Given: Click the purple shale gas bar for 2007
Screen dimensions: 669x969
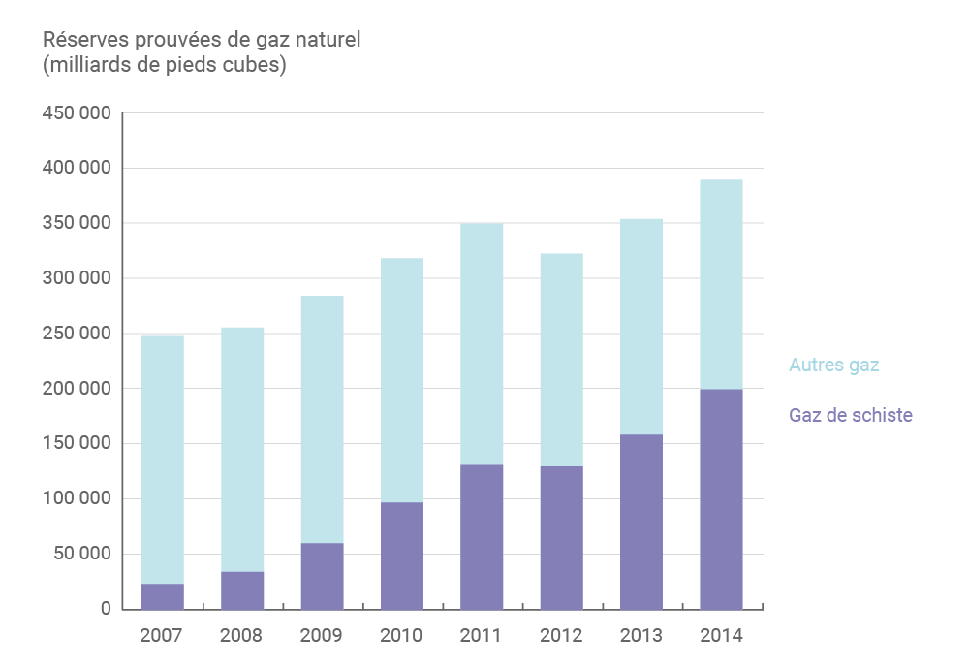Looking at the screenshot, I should pyautogui.click(x=162, y=596).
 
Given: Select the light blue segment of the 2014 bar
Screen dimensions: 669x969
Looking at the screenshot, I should pyautogui.click(x=721, y=284).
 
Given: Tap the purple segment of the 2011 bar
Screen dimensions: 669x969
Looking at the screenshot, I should pyautogui.click(x=482, y=537).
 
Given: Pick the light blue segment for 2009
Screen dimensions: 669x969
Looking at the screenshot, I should pyautogui.click(x=322, y=419).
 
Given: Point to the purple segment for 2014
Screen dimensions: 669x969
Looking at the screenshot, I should pyautogui.click(x=721, y=499).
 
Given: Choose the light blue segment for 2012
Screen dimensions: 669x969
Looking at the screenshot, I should pyautogui.click(x=561, y=360).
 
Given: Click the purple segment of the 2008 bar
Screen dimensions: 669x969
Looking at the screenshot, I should pyautogui.click(x=242, y=590).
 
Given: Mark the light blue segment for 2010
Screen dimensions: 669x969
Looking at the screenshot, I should pyautogui.click(x=401, y=380).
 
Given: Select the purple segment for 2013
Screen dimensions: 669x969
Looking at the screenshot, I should pyautogui.click(x=641, y=522).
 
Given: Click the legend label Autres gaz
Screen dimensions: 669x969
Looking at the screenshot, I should pyautogui.click(x=833, y=366).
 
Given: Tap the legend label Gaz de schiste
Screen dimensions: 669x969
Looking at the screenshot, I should pyautogui.click(x=850, y=415).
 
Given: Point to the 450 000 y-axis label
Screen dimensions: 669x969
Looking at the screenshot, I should pyautogui.click(x=77, y=113).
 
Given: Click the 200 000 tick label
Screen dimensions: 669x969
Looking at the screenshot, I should pyautogui.click(x=77, y=389).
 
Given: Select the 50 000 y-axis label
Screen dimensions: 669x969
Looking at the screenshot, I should pyautogui.click(x=81, y=555).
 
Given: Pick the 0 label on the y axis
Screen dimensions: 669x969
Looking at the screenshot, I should pyautogui.click(x=105, y=609).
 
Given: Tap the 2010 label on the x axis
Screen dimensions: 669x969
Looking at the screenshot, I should pyautogui.click(x=401, y=636).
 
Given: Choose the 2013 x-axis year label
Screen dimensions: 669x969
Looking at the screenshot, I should pyautogui.click(x=641, y=636).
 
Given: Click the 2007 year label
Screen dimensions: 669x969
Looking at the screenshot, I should pyautogui.click(x=162, y=636).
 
